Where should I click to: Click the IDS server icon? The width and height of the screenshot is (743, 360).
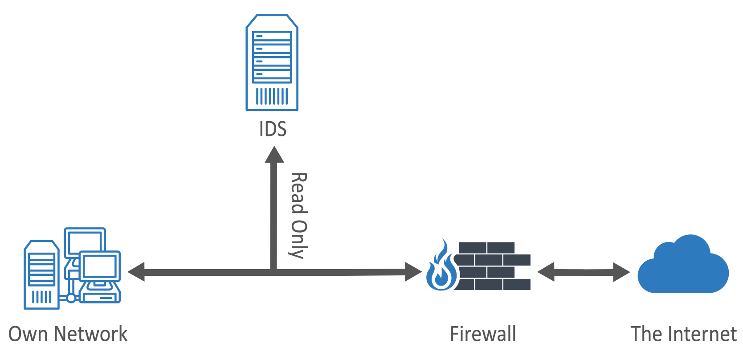pos(272,62)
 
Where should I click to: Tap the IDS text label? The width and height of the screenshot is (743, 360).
pos(273,129)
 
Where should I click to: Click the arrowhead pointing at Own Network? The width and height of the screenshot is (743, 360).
pos(136,272)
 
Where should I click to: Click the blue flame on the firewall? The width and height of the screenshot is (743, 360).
pos(441,267)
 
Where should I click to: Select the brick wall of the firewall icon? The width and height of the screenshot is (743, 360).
pos(494,266)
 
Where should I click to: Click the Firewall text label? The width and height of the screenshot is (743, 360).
pos(483,334)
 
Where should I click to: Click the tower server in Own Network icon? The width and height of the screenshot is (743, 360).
pos(41,274)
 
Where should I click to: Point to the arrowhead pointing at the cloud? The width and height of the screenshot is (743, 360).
pos(621,272)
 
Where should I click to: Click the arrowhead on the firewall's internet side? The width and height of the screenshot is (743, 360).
pos(546,272)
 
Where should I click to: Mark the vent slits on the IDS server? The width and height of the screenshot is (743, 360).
pos(272,96)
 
